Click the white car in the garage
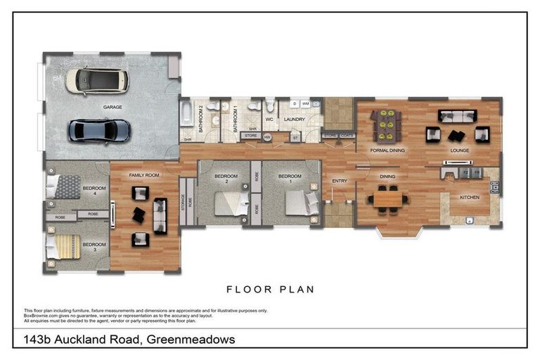click(x=97, y=81)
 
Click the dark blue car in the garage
click(x=99, y=130)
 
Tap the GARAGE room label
click(x=113, y=107)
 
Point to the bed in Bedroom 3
click(x=62, y=247)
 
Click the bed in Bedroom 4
click(x=65, y=187)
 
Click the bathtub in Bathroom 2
click(x=186, y=113)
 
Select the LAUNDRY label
click(x=294, y=120)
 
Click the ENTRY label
click(x=340, y=181)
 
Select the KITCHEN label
click(x=470, y=198)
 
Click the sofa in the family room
click(x=160, y=216)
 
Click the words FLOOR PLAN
click(x=270, y=288)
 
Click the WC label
click(x=269, y=120)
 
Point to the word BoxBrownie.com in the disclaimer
click(x=41, y=315)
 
